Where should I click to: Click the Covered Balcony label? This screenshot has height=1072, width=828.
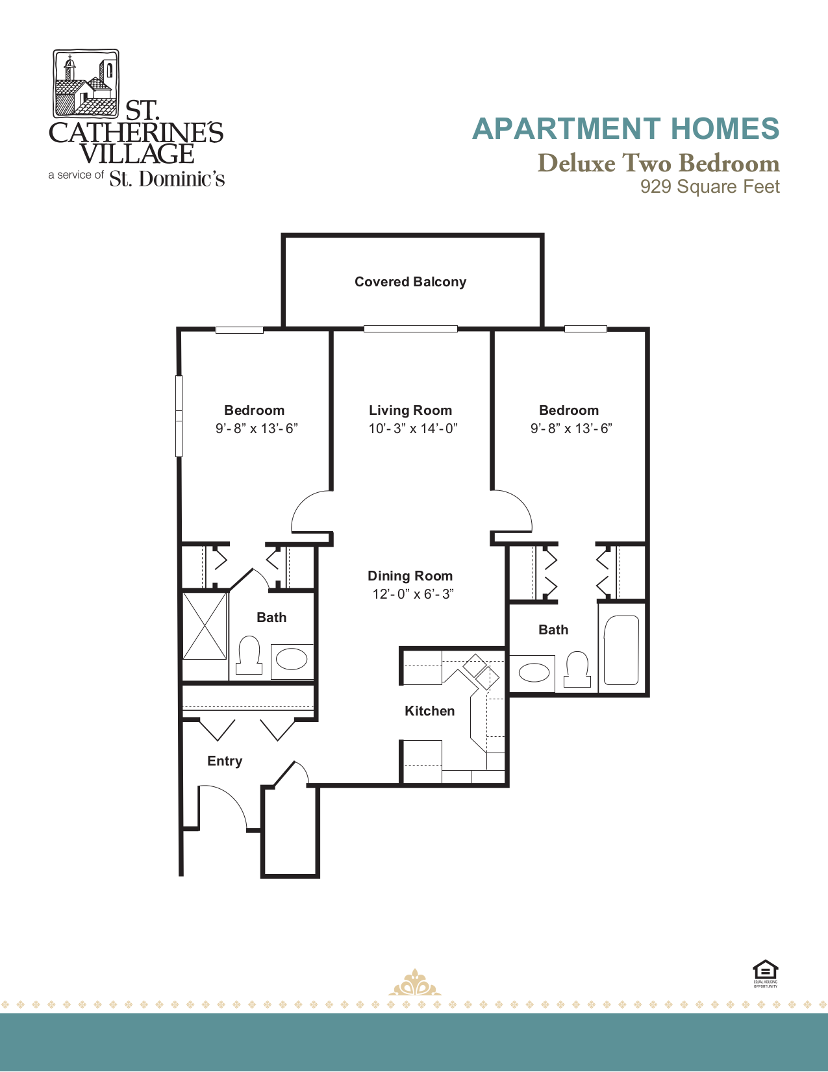(410, 282)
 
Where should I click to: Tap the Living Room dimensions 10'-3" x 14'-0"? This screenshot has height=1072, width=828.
(413, 429)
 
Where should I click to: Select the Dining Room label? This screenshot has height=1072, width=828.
(410, 576)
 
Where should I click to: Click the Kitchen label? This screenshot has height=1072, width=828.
(429, 711)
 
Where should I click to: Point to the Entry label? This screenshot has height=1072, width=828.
(225, 761)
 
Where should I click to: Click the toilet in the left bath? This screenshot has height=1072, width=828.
(249, 654)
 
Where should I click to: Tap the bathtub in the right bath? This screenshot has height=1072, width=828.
(621, 651)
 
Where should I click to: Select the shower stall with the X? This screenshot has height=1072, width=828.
(205, 625)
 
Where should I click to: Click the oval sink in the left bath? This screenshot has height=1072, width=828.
(292, 660)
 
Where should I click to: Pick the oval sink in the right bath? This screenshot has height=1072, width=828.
(534, 673)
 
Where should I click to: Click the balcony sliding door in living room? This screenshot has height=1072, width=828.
(410, 329)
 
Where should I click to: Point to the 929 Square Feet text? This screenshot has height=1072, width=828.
(709, 187)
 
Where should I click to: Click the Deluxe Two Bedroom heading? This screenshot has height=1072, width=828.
(658, 163)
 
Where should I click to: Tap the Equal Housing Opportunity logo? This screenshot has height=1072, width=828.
(765, 973)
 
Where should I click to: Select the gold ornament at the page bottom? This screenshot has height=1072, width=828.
(414, 984)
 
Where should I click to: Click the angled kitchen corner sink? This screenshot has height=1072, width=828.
(481, 671)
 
